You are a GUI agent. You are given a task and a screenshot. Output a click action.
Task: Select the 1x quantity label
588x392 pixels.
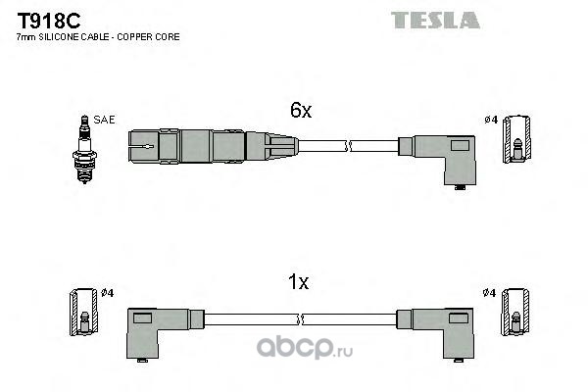(299, 283)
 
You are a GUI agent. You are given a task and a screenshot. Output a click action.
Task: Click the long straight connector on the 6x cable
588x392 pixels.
(211, 146)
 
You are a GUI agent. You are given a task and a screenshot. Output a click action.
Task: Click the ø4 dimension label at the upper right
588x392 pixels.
(491, 120)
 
